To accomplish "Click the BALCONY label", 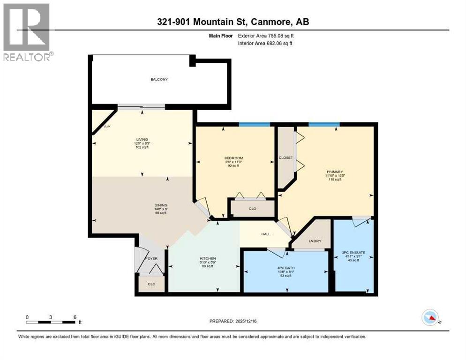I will pyautogui.click(x=159, y=79).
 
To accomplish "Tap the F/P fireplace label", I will pyautogui.click(x=106, y=127).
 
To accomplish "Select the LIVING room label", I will pyautogui.click(x=142, y=139).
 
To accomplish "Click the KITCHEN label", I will pyautogui.click(x=208, y=258).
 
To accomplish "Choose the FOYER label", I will pyautogui.click(x=151, y=258).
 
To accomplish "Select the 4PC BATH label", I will pyautogui.click(x=285, y=268).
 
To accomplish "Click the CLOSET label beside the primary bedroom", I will pyautogui.click(x=286, y=157).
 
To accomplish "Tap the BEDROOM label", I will pyautogui.click(x=233, y=157).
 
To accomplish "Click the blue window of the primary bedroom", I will pyautogui.click(x=324, y=124).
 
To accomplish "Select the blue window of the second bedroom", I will pyautogui.click(x=255, y=124).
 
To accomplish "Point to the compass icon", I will pyautogui.click(x=430, y=317).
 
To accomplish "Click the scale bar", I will pyautogui.click(x=51, y=322).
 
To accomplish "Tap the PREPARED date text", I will pyautogui.click(x=233, y=321).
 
